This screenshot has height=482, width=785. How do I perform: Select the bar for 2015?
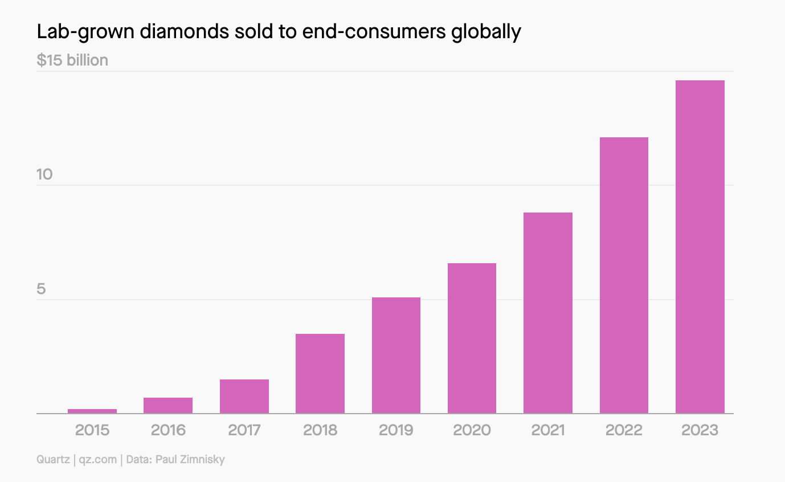pyautogui.click(x=92, y=411)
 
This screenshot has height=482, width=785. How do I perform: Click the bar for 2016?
pyautogui.click(x=168, y=405)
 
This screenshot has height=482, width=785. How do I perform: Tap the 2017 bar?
pyautogui.click(x=244, y=396)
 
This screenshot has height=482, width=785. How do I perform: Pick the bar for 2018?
pyautogui.click(x=320, y=373)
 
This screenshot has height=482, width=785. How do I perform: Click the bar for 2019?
pyautogui.click(x=396, y=355)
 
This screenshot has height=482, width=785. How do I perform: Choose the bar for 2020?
pyautogui.click(x=472, y=338)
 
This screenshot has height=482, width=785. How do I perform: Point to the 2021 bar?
pyautogui.click(x=548, y=313)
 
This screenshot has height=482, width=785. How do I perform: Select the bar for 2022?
pyautogui.click(x=624, y=275)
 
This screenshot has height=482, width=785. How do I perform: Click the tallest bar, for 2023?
pyautogui.click(x=700, y=247)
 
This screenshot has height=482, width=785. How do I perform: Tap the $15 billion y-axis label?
pyautogui.click(x=72, y=60)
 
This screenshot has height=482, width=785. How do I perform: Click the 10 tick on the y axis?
pyautogui.click(x=44, y=174)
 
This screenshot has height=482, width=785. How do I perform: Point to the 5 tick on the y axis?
pyautogui.click(x=41, y=289)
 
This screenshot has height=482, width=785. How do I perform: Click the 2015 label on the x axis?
pyautogui.click(x=92, y=430)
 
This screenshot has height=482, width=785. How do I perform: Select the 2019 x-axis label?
pyautogui.click(x=396, y=430)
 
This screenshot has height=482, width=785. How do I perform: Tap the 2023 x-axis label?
pyautogui.click(x=700, y=430)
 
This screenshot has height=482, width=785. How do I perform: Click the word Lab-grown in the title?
pyautogui.click(x=79, y=32)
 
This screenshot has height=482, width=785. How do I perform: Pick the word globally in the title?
pyautogui.click(x=486, y=32)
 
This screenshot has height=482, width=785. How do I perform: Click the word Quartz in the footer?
pyautogui.click(x=53, y=459)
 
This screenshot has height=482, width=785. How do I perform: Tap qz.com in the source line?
pyautogui.click(x=97, y=459)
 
